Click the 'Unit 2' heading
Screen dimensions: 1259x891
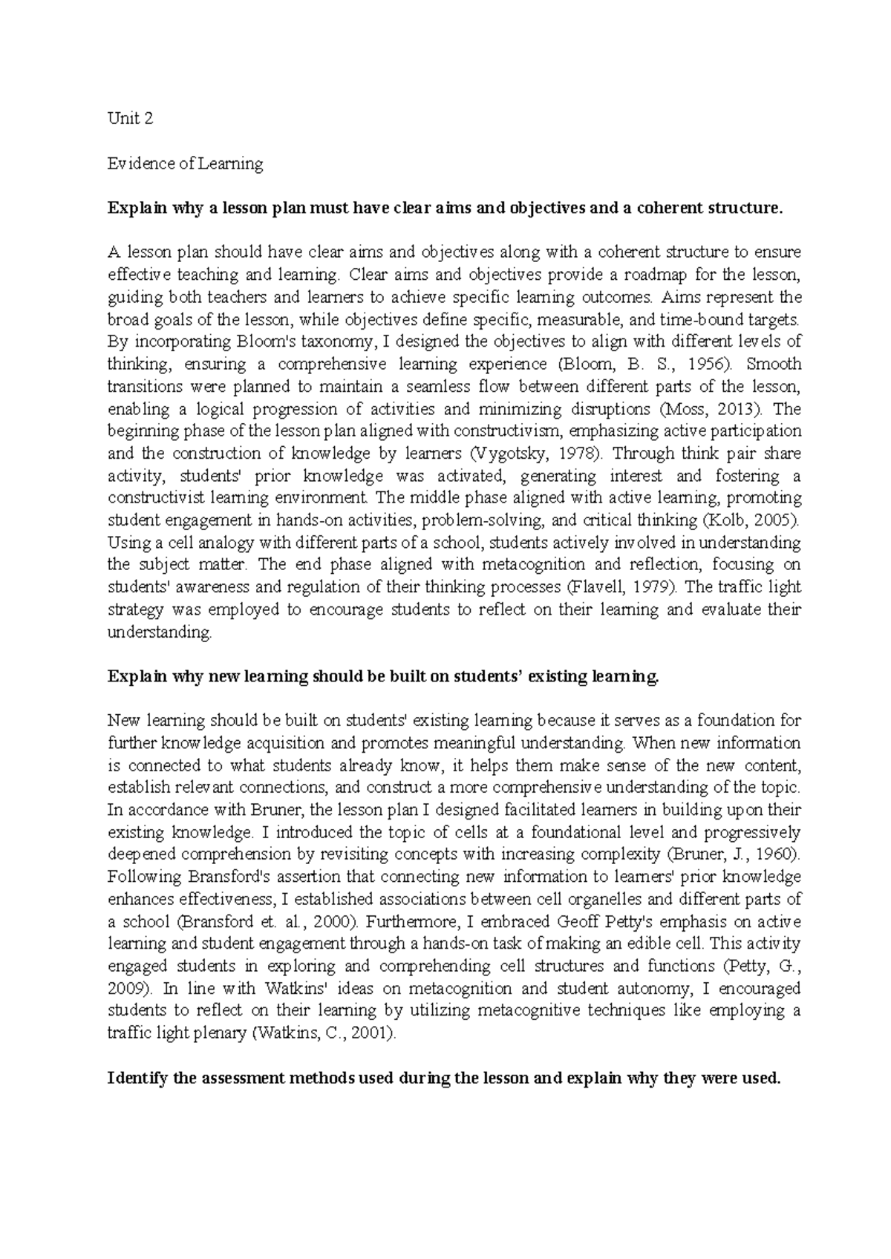(131, 119)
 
